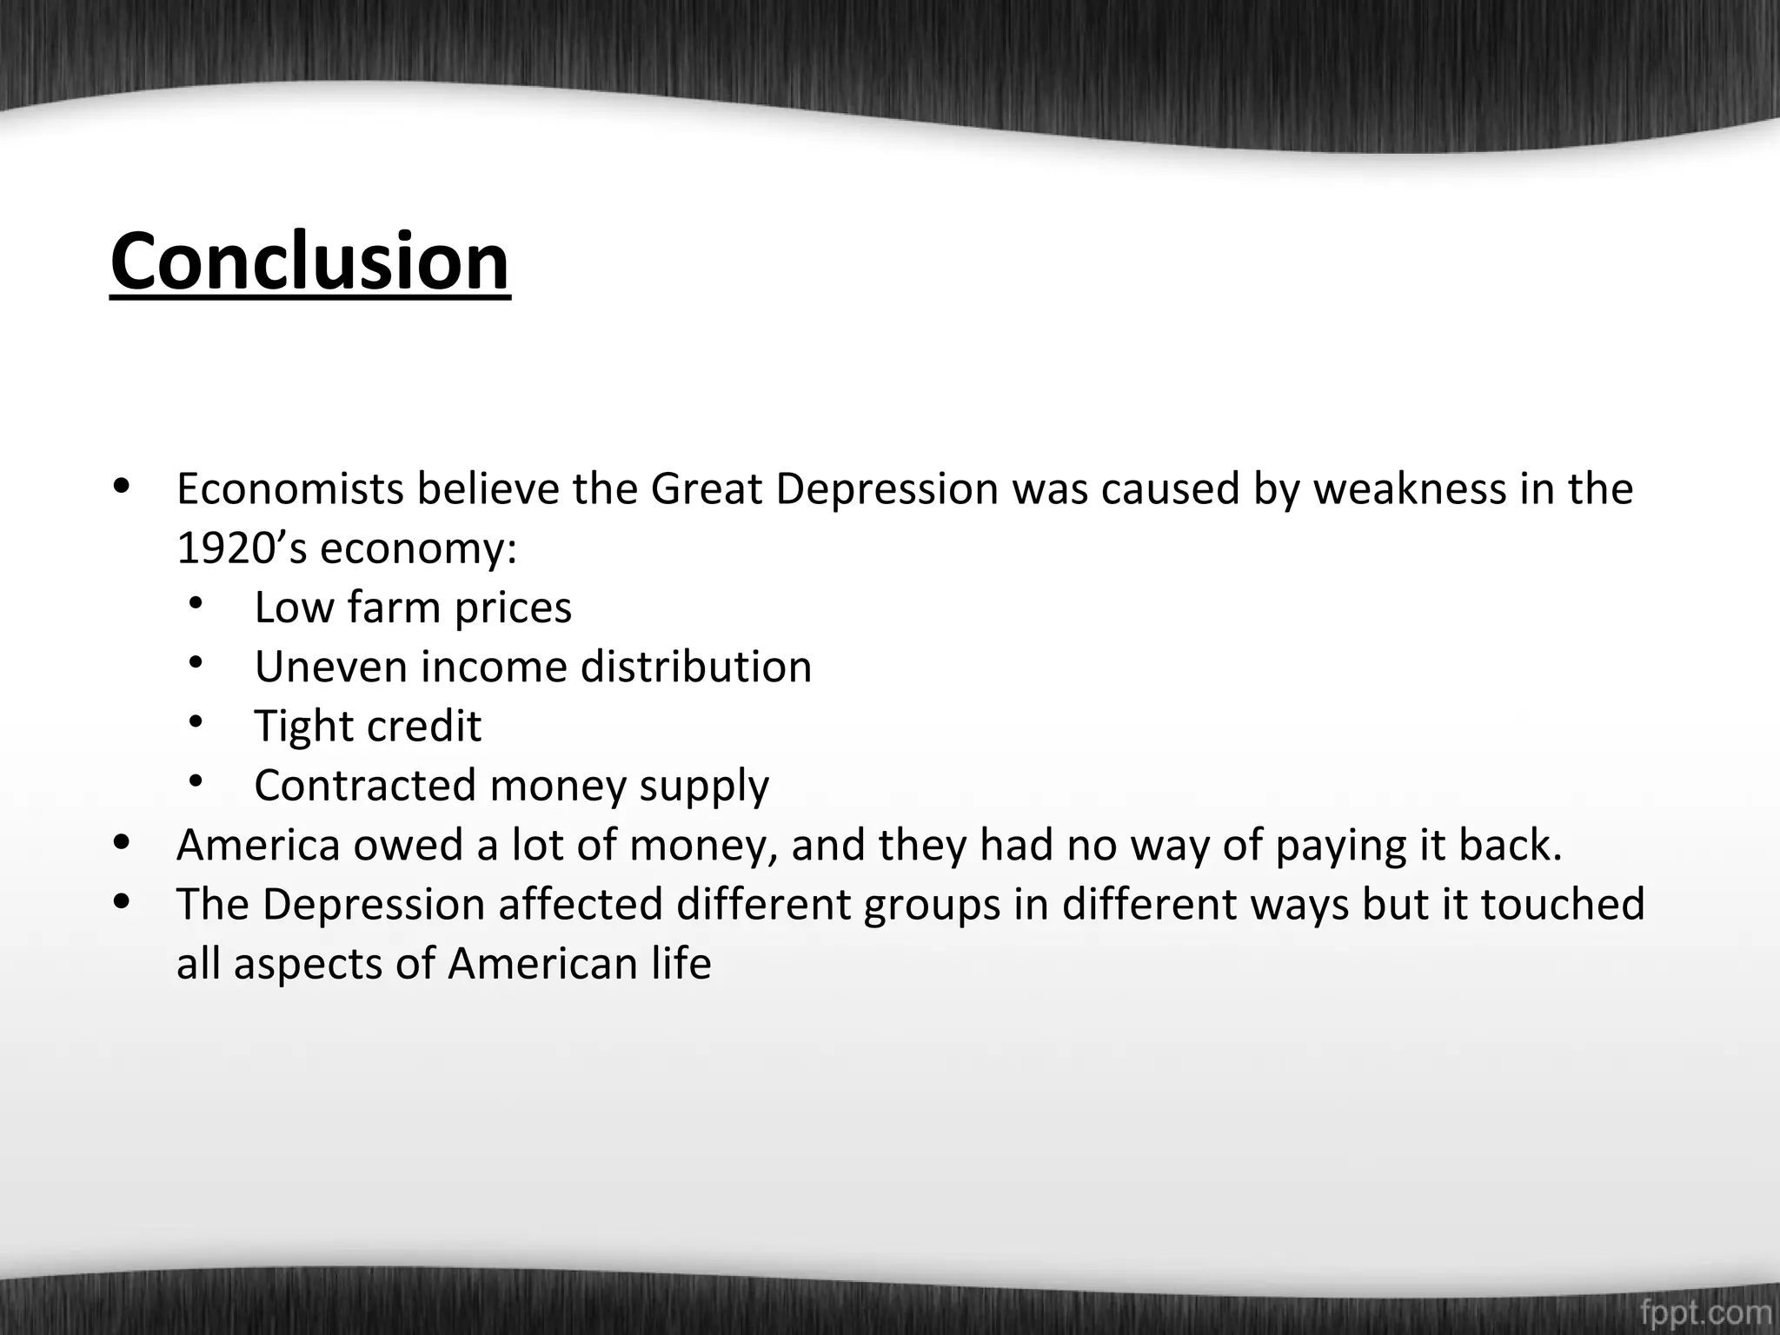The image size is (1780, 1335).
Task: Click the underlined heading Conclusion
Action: pyautogui.click(x=310, y=262)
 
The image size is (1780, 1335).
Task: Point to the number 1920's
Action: pyautogui.click(x=242, y=548)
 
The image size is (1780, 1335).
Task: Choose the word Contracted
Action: pyautogui.click(x=365, y=785)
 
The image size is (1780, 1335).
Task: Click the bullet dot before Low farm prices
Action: pyautogui.click(x=195, y=602)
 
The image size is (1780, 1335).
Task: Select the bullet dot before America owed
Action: pyautogui.click(x=123, y=841)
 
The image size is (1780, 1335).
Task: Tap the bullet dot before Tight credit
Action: pyautogui.click(x=195, y=721)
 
